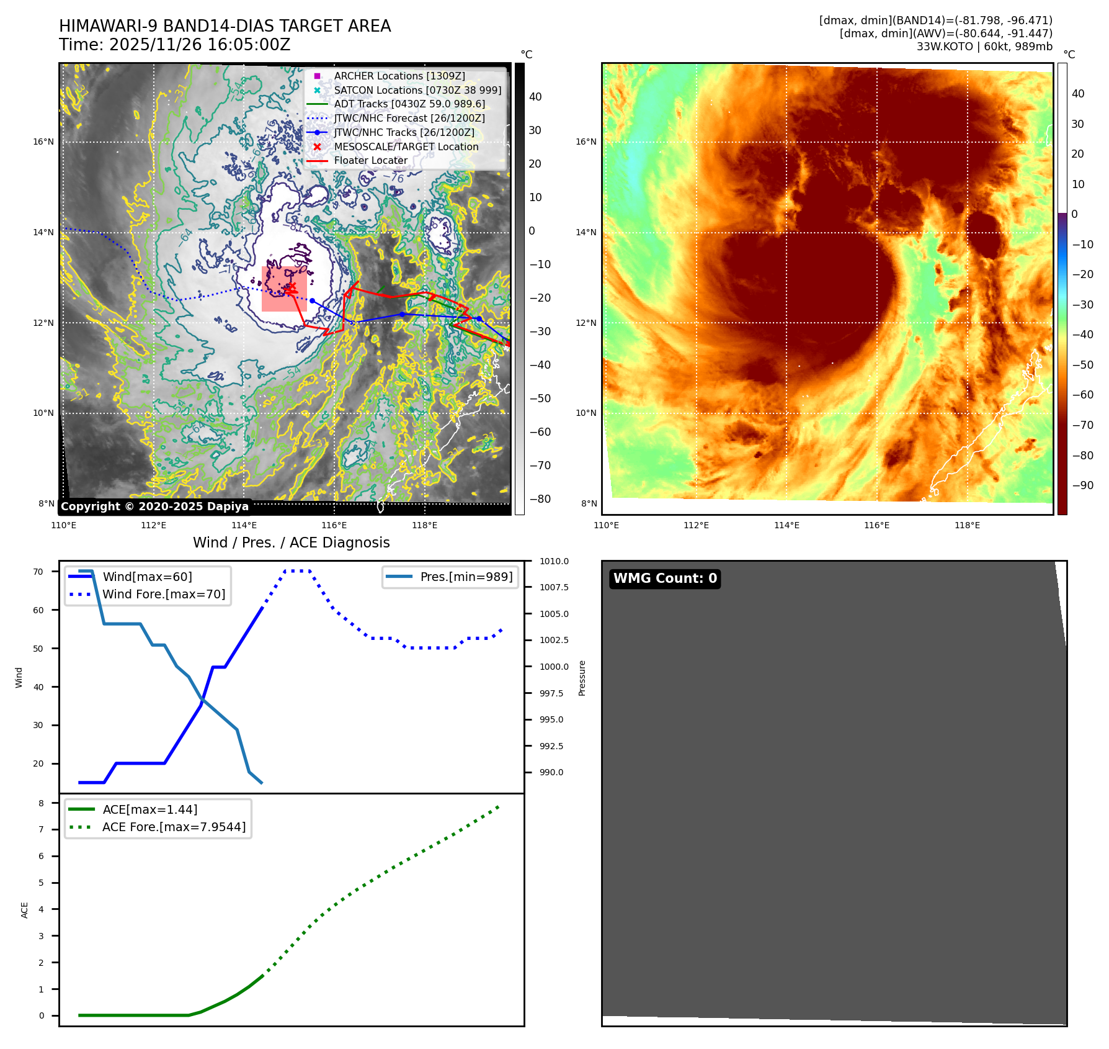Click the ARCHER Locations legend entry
(399, 76)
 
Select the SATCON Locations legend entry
(417, 90)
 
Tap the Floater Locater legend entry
(370, 160)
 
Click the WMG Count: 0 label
(664, 579)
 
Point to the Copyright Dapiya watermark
(154, 506)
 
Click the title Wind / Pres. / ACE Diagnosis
(291, 543)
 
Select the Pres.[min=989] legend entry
(466, 577)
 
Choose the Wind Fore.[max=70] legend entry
(163, 594)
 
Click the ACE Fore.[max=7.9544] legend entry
(174, 827)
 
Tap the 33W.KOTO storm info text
(984, 47)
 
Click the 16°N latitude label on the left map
(43, 142)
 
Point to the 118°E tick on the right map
(967, 525)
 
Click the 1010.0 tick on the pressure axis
(553, 561)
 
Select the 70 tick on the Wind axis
(38, 572)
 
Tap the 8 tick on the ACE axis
(42, 803)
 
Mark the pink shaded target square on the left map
(284, 289)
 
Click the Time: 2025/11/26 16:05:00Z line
(174, 45)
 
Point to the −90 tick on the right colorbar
(1082, 485)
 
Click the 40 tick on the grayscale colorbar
(535, 97)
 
